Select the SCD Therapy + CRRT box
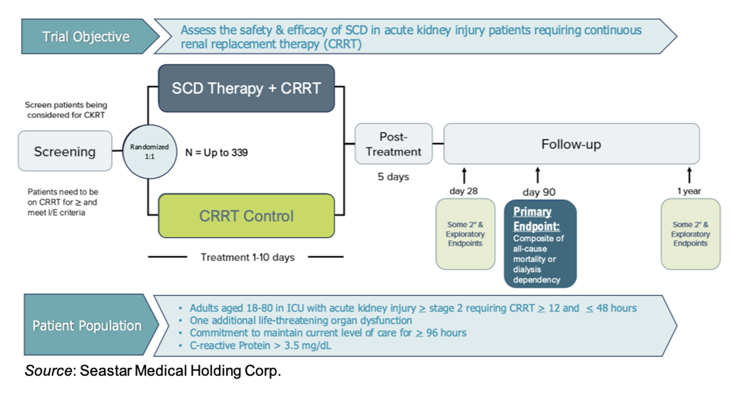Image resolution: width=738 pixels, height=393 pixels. [247, 88]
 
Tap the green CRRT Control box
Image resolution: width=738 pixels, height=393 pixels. [247, 216]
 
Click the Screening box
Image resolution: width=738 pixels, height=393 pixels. [65, 151]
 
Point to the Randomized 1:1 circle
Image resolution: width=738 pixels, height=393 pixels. [150, 151]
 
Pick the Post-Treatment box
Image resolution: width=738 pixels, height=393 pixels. [393, 144]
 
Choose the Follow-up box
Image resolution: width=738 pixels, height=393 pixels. [571, 144]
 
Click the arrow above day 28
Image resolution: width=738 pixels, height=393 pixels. [464, 176]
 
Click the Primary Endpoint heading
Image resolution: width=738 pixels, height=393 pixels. [537, 219]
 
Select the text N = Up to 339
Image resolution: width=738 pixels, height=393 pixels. [217, 152]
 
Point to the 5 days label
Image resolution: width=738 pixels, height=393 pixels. [393, 176]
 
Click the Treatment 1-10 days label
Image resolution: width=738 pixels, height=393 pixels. [248, 257]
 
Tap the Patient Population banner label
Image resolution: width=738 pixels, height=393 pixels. [87, 326]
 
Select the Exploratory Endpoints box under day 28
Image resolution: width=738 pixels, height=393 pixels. [465, 234]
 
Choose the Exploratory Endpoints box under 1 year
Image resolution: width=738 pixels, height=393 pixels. [691, 234]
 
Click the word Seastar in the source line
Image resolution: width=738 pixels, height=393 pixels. [106, 371]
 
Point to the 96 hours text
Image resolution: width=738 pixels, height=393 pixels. [446, 333]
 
